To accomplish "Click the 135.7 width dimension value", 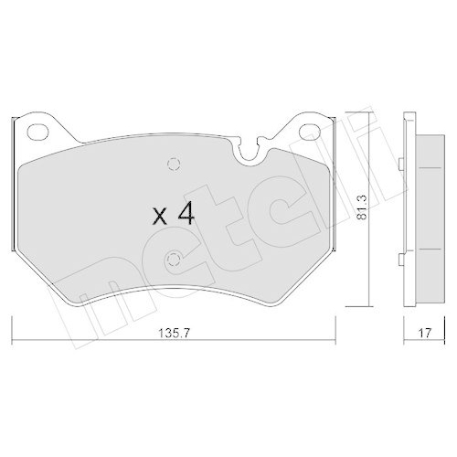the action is [x=174, y=334].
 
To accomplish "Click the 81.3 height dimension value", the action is [x=363, y=208].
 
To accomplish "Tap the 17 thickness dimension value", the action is [x=425, y=333].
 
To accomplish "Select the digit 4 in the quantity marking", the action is [x=186, y=214].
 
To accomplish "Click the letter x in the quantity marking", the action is [x=160, y=217].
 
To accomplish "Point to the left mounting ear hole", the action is [x=37, y=132].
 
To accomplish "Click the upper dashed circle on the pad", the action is [x=174, y=164].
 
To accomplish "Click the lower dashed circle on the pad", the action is [x=174, y=260].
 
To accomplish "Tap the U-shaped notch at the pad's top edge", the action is [x=250, y=152].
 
